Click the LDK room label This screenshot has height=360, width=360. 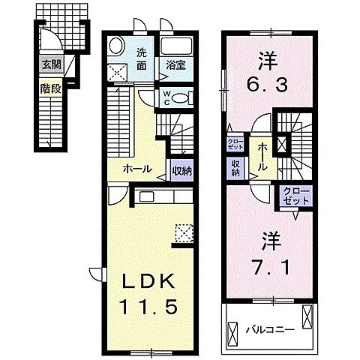pyautogui.click(x=148, y=280)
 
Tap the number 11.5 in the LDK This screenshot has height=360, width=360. pyautogui.click(x=148, y=306)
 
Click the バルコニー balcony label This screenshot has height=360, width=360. pyautogui.click(x=262, y=328)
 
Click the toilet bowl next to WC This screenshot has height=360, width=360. pyautogui.click(x=185, y=96)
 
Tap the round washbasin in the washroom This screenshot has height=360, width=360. pyautogui.click(x=118, y=46)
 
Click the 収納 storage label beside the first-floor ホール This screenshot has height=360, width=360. pyautogui.click(x=180, y=170)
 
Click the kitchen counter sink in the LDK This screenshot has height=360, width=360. pyautogui.click(x=145, y=196)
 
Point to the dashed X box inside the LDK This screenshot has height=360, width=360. pyautogui.click(x=183, y=233)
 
